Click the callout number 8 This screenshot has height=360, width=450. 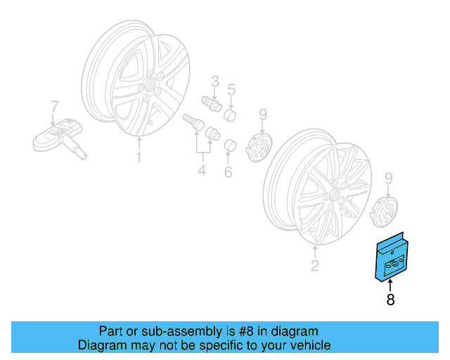(x=390, y=299)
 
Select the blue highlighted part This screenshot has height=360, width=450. (x=392, y=257)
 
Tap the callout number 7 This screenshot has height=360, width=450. (x=55, y=106)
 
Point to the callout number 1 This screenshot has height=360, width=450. (x=139, y=157)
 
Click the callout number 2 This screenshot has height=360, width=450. (x=315, y=266)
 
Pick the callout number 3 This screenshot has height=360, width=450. (x=215, y=82)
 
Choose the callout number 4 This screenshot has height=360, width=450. (x=202, y=170)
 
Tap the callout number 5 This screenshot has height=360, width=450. (x=231, y=89)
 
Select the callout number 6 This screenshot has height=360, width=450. (x=228, y=172)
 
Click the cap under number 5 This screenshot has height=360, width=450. (x=230, y=115)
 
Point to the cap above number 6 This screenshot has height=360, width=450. (x=230, y=146)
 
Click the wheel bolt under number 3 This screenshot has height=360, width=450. (x=211, y=104)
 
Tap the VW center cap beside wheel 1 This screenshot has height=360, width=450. (x=259, y=147)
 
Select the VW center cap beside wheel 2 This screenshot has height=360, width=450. (x=385, y=212)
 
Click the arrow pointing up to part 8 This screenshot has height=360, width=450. (x=390, y=285)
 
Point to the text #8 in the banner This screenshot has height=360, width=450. (x=246, y=331)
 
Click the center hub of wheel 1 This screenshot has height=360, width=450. (x=150, y=84)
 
